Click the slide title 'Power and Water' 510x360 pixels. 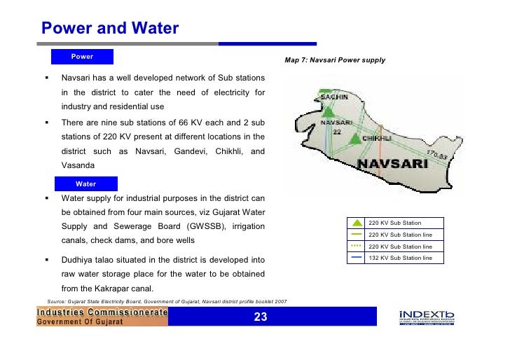click(110, 29)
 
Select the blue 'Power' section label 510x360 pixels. click(82, 57)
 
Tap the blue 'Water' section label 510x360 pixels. click(86, 184)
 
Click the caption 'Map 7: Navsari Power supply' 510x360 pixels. click(335, 61)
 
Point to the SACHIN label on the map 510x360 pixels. click(334, 99)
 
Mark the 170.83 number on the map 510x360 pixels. click(436, 155)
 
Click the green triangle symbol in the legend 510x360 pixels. click(356, 223)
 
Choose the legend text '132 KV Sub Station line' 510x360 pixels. click(400, 258)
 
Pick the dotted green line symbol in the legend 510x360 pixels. click(356, 246)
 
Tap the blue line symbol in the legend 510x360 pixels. click(356, 258)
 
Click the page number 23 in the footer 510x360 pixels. click(260, 317)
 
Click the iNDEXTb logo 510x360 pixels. click(426, 317)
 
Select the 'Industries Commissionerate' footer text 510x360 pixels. click(102, 312)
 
